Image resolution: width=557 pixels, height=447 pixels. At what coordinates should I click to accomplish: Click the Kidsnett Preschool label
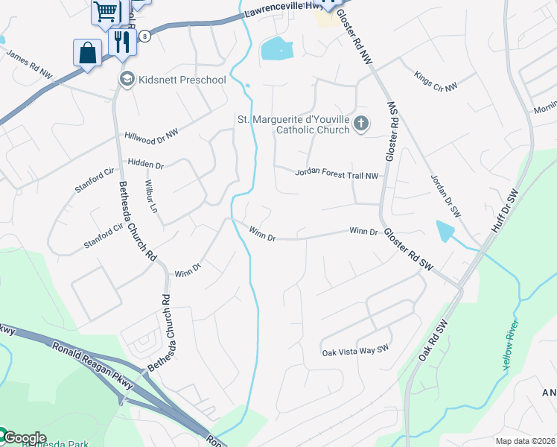182,80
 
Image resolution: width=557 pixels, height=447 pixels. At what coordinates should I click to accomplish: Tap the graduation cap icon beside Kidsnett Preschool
127,79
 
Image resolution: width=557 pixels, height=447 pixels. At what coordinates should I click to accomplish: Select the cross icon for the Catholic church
361,124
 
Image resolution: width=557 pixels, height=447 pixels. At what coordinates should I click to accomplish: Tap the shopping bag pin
87,53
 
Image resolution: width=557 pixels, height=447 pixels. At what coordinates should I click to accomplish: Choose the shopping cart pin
106,12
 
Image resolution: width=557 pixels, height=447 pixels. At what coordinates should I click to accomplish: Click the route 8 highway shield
144,35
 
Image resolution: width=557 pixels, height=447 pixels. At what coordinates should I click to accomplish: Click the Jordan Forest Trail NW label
337,174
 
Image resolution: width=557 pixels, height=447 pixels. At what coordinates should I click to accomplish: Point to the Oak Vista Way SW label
355,350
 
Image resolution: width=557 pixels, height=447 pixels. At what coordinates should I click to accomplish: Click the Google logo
24,438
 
